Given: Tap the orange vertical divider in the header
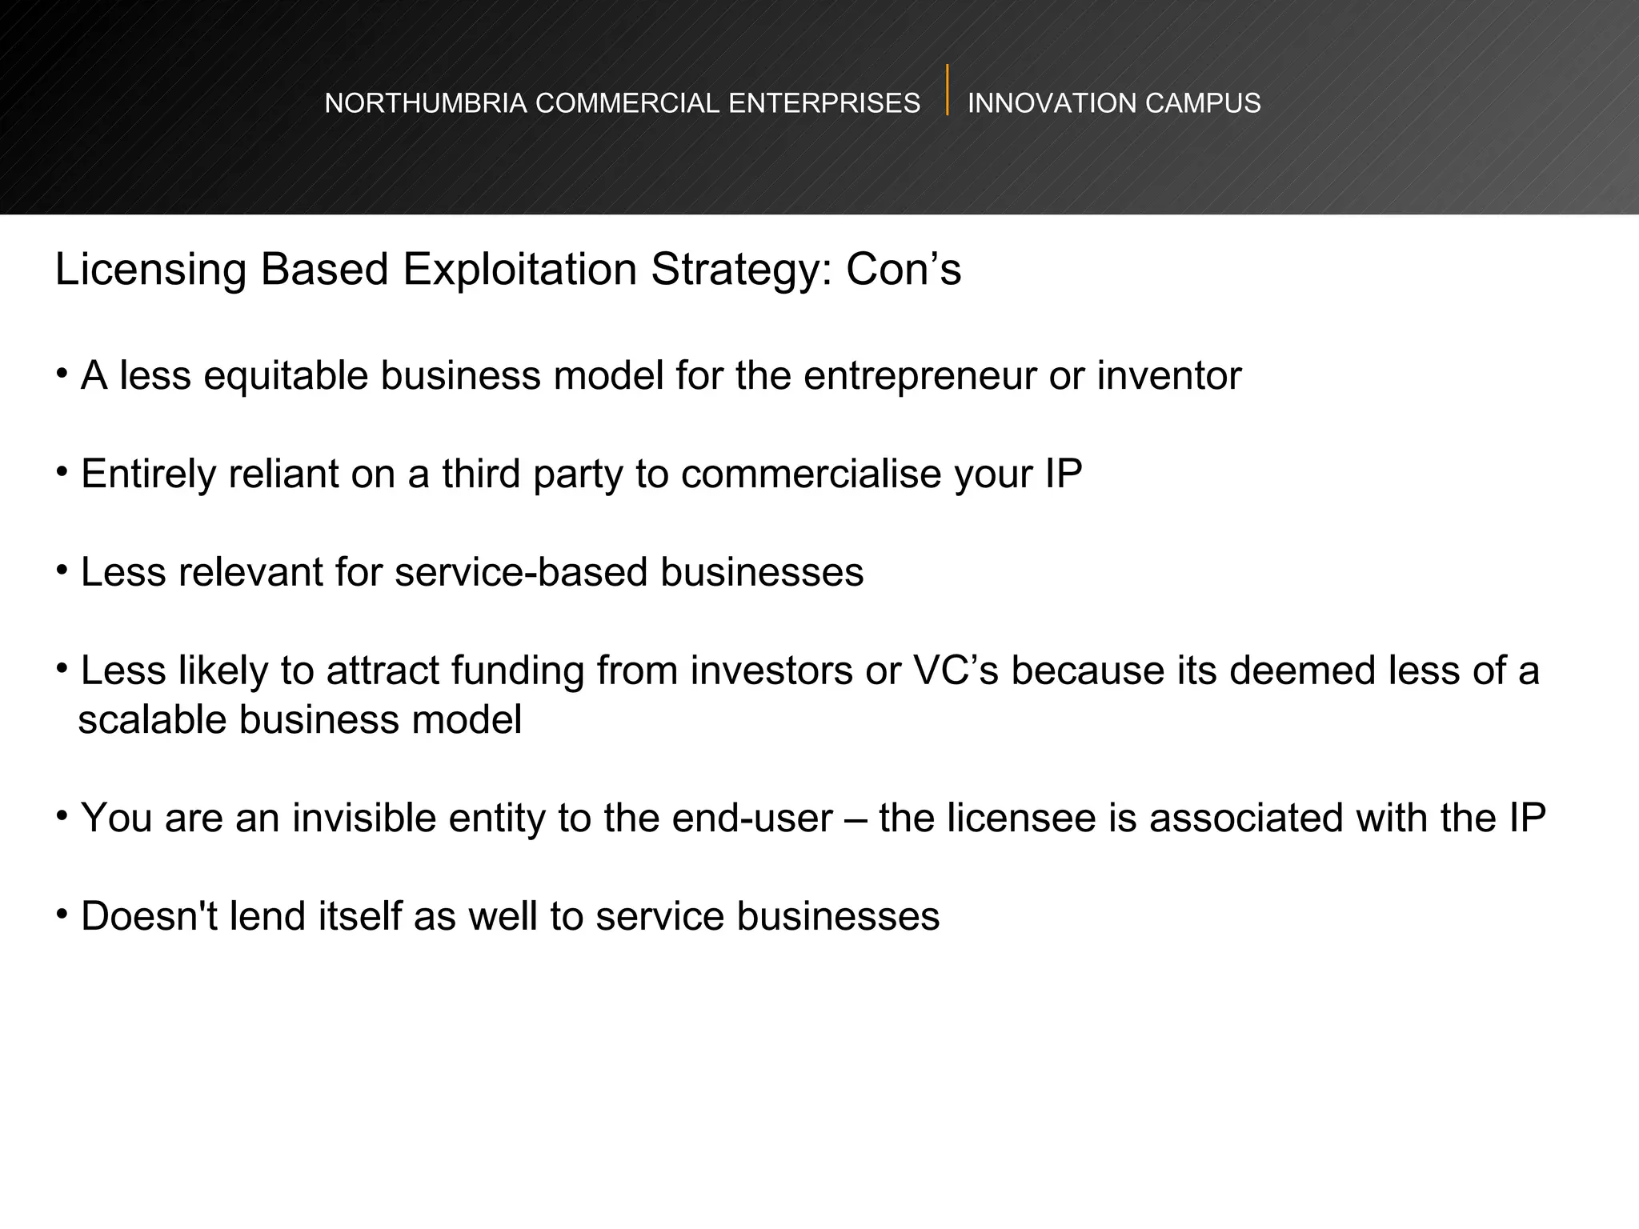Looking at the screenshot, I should pos(948,90).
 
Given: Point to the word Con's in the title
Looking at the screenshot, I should pos(904,269).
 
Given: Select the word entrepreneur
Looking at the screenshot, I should pos(920,376).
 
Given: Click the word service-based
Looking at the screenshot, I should pos(521,573).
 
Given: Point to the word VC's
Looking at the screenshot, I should pos(956,671).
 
